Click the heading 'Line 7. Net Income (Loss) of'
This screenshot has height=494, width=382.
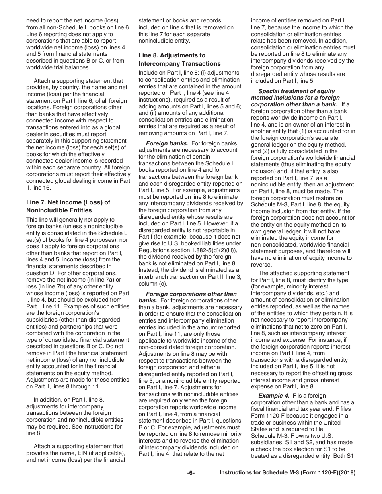(68, 202)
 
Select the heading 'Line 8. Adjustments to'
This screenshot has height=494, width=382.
(172, 55)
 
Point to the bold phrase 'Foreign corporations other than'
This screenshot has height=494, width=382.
(191, 294)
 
